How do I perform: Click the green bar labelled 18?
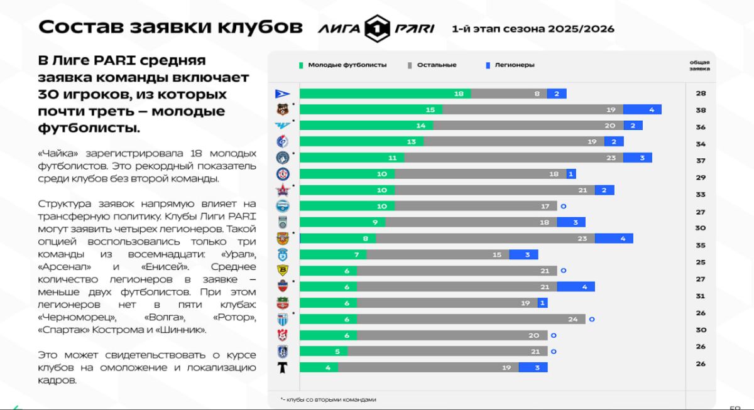(385, 94)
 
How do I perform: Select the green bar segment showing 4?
(319, 367)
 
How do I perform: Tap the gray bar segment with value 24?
(471, 319)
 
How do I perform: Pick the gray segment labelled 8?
(508, 94)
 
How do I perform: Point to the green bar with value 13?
(361, 142)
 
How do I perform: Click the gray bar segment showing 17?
(476, 206)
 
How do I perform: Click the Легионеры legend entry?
(510, 65)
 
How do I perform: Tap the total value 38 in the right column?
(701, 110)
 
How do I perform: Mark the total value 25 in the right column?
(701, 262)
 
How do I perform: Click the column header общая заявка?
(699, 65)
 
